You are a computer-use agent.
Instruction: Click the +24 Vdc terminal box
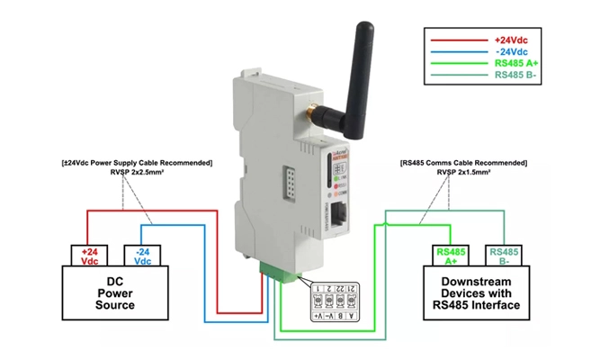click(90, 256)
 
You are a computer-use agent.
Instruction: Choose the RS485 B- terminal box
click(502, 256)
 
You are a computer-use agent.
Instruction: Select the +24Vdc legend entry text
click(513, 40)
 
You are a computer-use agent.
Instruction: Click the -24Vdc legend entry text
click(513, 52)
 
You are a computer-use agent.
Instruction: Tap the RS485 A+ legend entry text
click(513, 65)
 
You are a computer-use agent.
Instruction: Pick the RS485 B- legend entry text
click(513, 76)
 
